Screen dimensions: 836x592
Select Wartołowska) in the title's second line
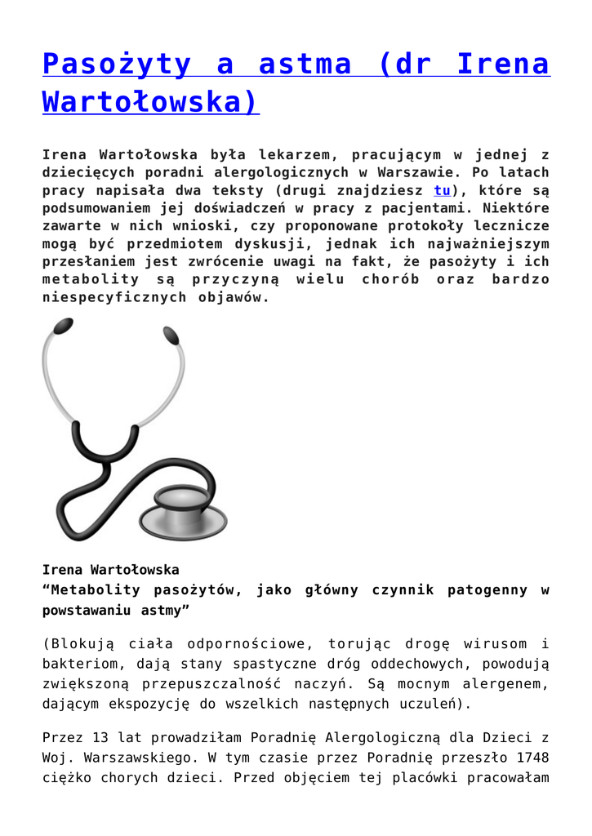coord(150,101)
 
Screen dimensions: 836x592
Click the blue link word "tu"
coord(442,190)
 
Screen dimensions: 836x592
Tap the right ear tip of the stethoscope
coord(171,335)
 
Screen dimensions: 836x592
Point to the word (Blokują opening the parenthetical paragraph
coord(79,644)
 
